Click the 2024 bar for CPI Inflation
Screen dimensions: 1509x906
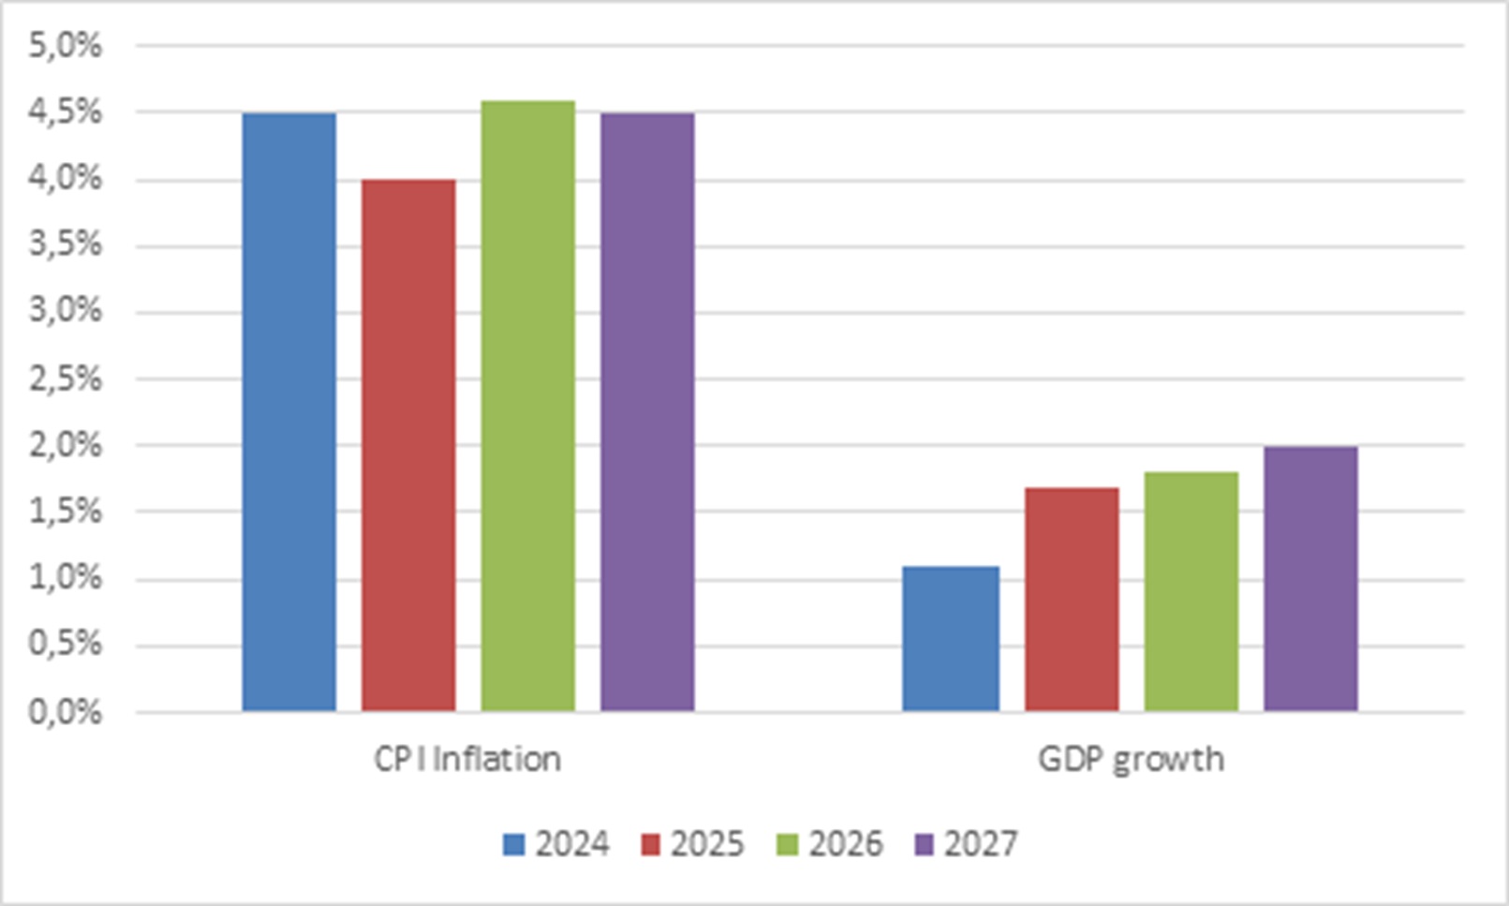point(289,412)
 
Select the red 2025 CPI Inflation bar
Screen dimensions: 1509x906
point(408,445)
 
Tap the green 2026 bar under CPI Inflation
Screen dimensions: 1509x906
point(528,407)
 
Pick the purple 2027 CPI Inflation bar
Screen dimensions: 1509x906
point(647,412)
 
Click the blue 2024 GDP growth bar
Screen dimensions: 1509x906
point(952,639)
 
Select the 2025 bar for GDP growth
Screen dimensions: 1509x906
point(1072,600)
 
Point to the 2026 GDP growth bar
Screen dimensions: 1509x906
point(1191,592)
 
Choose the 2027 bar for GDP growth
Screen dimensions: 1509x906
point(1311,579)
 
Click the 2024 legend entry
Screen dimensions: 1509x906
point(555,844)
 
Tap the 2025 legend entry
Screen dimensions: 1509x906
point(692,844)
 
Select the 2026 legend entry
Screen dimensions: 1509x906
point(829,844)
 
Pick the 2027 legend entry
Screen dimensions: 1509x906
point(966,844)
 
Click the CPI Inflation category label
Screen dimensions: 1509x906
point(467,759)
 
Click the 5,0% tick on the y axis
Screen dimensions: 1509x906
point(66,47)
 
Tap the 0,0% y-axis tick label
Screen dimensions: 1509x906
point(66,713)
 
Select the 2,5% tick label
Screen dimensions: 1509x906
point(66,379)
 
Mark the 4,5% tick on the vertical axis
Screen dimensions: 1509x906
point(66,112)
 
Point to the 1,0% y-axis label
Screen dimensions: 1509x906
point(66,579)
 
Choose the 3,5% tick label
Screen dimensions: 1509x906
point(66,246)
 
